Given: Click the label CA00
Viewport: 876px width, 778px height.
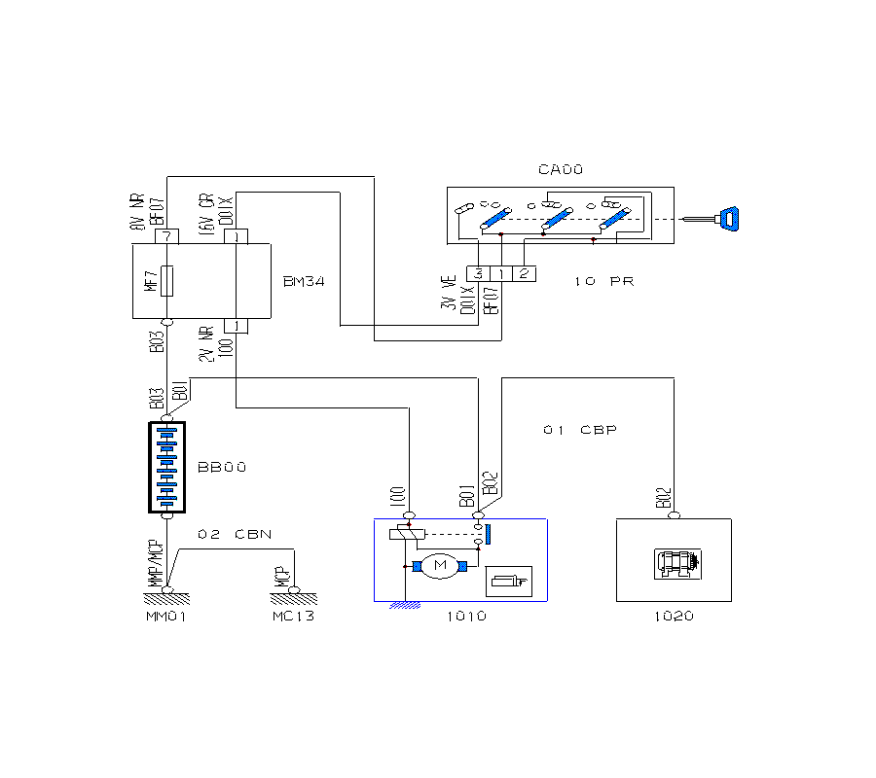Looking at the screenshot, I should (x=560, y=170).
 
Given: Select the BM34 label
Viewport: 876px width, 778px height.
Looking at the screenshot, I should (x=303, y=282).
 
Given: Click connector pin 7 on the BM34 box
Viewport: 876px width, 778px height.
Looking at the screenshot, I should (x=166, y=236).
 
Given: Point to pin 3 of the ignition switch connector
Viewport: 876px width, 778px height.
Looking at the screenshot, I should (x=478, y=273).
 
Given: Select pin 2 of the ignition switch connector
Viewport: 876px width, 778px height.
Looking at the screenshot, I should (x=524, y=273).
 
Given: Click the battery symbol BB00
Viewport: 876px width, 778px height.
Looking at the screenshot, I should (x=166, y=467).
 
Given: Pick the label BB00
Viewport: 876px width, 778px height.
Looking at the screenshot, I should (x=222, y=468).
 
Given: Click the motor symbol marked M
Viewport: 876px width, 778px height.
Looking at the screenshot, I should (x=439, y=566).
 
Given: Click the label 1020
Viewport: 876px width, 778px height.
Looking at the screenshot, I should (x=674, y=617).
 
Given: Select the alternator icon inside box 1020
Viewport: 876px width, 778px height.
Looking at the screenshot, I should (x=677, y=564).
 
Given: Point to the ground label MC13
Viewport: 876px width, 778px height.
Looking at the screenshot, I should (x=293, y=617).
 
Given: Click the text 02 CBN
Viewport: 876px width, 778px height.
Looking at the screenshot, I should (x=235, y=535).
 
